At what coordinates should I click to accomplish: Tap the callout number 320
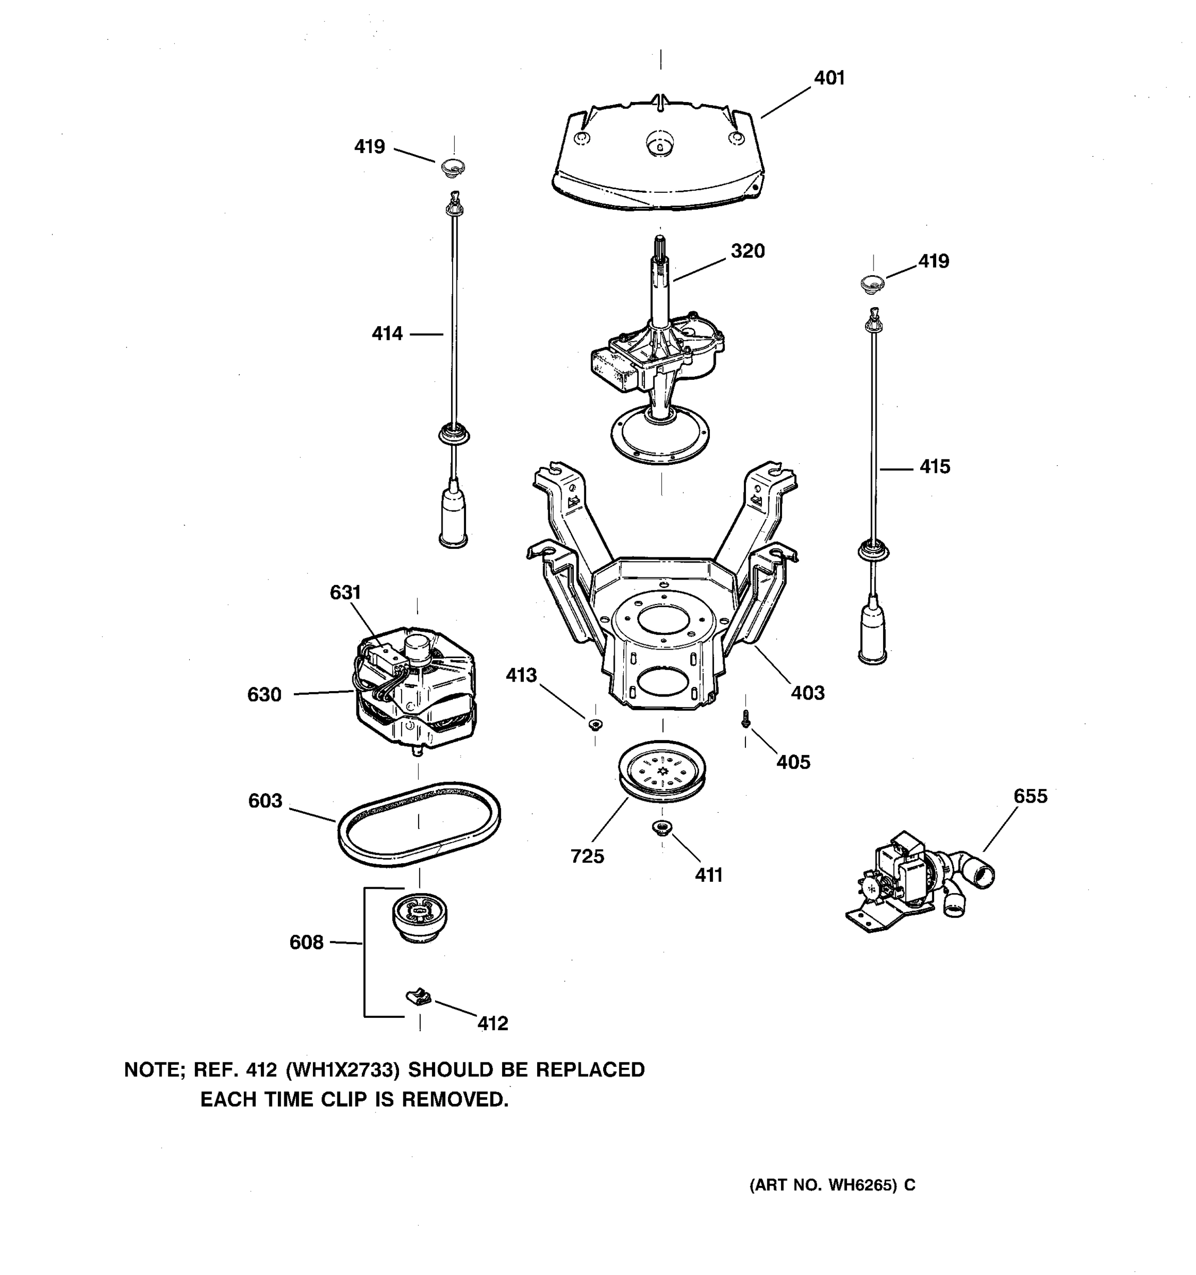747,251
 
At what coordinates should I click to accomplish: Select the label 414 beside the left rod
387,334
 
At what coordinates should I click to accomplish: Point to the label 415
935,467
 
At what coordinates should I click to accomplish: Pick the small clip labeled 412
418,997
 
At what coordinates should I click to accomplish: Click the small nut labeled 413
595,725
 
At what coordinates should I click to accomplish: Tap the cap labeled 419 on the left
453,168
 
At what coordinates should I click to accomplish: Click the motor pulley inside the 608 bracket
419,916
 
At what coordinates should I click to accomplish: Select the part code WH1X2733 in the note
343,1070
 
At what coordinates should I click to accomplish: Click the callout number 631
345,592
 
